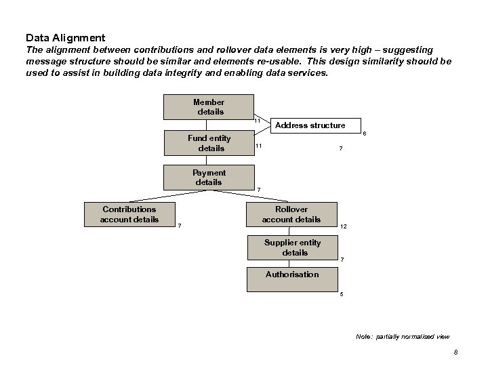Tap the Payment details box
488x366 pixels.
[x=208, y=178]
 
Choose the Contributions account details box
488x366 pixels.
[x=129, y=214]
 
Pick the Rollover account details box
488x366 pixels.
[x=291, y=214]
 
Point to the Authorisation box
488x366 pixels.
[x=291, y=274]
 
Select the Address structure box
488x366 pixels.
[x=310, y=125]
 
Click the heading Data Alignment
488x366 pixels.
[x=65, y=37]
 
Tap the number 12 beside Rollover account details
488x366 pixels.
[x=344, y=226]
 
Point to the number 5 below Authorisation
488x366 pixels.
[x=342, y=293]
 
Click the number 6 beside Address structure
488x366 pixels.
[x=364, y=134]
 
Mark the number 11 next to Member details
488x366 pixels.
[x=258, y=121]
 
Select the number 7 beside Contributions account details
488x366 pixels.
[x=180, y=226]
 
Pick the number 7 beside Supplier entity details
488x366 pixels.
[x=342, y=260]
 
